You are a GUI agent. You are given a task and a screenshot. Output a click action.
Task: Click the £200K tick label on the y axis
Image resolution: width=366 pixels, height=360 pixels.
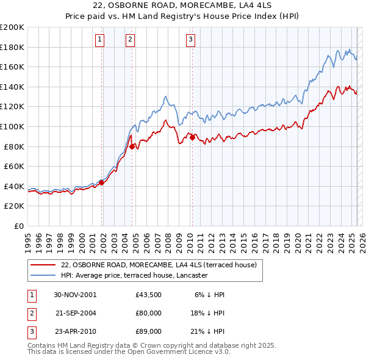click(12, 27)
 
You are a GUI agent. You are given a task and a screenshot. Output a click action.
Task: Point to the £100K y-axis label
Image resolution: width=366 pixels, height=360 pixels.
click(12, 126)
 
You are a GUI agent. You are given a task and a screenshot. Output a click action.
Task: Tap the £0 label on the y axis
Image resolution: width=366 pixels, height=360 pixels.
click(19, 226)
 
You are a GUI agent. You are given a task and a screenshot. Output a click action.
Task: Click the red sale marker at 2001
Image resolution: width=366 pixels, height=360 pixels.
click(102, 182)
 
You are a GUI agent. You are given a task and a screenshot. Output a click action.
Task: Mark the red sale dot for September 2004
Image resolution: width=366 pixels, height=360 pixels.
click(132, 146)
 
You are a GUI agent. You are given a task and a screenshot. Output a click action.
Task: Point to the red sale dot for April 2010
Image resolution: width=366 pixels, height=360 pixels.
click(192, 137)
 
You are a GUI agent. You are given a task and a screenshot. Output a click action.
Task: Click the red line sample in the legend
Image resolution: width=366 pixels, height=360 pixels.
click(43, 265)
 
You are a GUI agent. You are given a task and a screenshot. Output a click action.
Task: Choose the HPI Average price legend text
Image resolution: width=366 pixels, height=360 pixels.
click(135, 276)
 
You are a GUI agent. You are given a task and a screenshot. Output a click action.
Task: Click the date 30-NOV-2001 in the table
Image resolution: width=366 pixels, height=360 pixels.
click(75, 295)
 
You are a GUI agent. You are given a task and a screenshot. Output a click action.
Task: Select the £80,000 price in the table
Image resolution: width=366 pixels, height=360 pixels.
click(149, 313)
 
